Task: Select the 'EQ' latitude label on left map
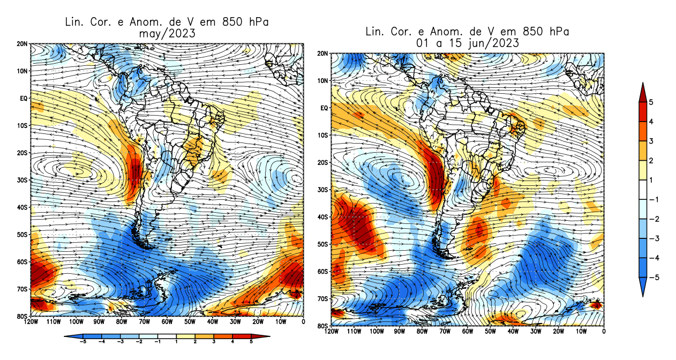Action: tap(24, 98)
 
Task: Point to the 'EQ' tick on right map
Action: tap(324, 108)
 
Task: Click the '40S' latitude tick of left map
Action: tap(22, 207)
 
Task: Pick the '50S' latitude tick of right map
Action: tap(323, 244)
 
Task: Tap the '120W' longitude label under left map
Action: tap(31, 322)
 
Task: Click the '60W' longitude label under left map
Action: tap(167, 322)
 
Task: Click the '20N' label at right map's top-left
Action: tap(323, 54)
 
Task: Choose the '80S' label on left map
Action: tap(22, 316)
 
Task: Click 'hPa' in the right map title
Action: tap(557, 32)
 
